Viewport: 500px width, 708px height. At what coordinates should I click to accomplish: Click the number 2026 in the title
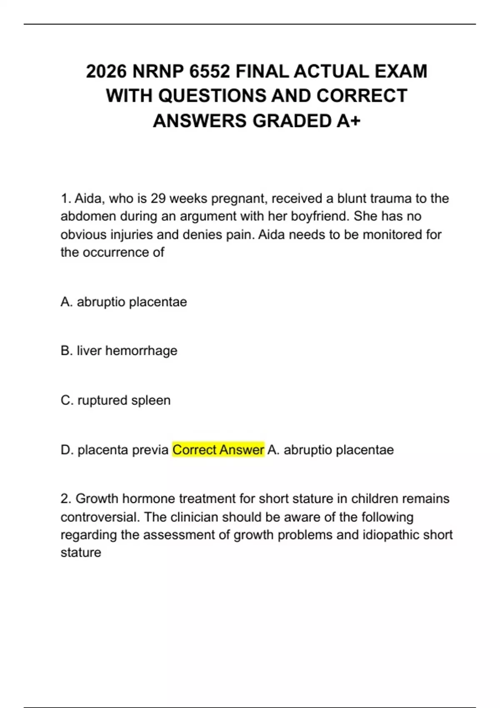(106, 71)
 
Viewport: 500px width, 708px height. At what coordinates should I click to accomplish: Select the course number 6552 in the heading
(209, 71)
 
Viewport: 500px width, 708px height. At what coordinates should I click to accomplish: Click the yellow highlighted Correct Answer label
(218, 450)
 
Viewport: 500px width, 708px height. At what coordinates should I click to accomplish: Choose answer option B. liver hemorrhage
(119, 351)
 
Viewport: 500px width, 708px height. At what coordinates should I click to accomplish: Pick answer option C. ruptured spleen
(115, 400)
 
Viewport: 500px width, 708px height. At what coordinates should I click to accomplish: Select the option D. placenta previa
(115, 450)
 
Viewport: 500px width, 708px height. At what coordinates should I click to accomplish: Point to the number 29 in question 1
(158, 199)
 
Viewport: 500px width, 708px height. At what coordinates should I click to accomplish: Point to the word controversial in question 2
(100, 517)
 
